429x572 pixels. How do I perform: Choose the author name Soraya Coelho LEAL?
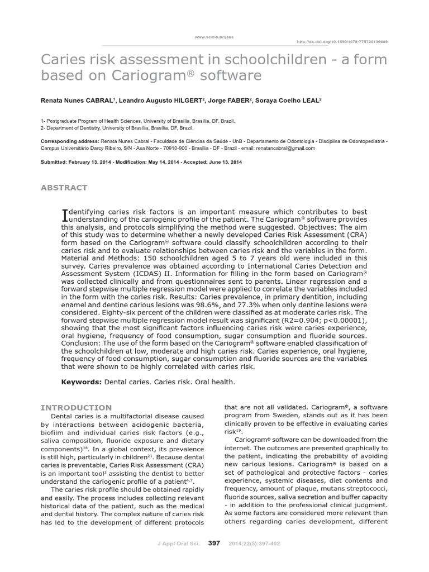pos(292,101)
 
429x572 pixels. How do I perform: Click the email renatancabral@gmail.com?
pos(287,149)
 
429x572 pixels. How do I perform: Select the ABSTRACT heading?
pos(64,188)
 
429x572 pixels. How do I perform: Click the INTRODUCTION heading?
pos(77,408)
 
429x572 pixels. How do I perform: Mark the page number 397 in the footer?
pos(214,543)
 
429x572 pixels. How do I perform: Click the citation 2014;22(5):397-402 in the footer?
pos(251,544)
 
